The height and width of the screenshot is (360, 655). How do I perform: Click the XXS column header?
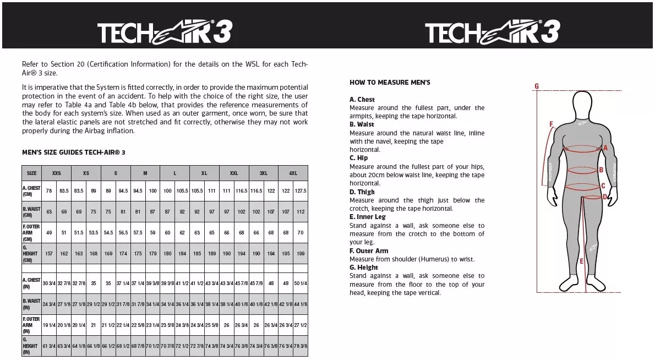[x=57, y=173]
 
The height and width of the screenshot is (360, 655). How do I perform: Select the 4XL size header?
[x=293, y=173]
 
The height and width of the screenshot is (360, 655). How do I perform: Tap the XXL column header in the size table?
[x=234, y=173]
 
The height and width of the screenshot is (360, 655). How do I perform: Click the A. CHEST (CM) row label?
[x=31, y=191]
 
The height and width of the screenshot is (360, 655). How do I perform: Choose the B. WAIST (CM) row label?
[x=31, y=212]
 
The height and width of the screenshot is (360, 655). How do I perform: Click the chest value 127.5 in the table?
[x=301, y=191]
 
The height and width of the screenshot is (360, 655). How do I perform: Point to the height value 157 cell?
[x=49, y=254]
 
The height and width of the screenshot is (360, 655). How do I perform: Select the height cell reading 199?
[x=301, y=254]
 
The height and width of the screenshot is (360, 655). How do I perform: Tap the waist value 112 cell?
[x=301, y=212]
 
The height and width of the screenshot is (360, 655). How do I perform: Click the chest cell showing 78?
[x=49, y=191]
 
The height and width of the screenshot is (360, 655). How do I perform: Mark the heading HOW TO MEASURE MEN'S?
[x=390, y=83]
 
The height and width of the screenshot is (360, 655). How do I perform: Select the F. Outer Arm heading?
[x=369, y=251]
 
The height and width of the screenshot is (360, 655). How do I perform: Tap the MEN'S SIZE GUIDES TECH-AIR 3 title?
[x=74, y=152]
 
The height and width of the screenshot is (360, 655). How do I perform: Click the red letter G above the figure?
[x=537, y=86]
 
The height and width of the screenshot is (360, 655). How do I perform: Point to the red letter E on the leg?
[x=581, y=261]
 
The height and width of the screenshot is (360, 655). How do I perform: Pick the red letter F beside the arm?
[x=551, y=124]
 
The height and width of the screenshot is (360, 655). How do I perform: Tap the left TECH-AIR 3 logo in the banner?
[x=164, y=32]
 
